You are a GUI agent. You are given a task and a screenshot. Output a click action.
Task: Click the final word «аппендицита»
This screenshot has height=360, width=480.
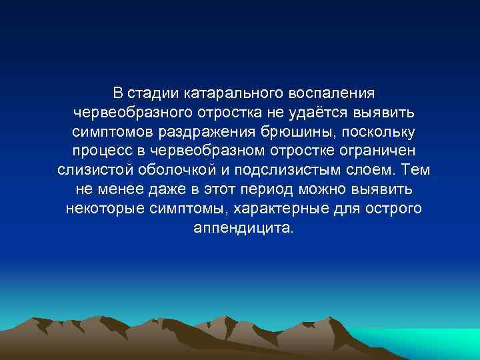pyautogui.click(x=241, y=227)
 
